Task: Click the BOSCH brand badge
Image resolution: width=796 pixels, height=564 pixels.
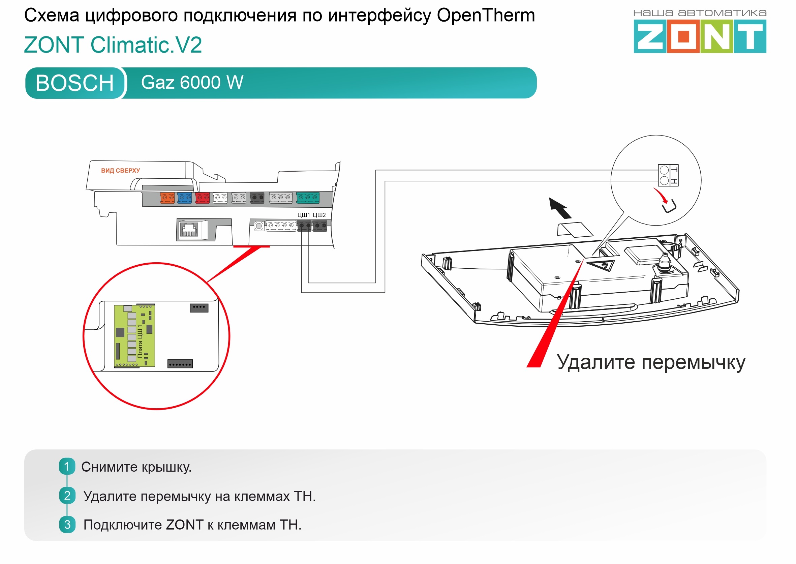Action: pos(74,83)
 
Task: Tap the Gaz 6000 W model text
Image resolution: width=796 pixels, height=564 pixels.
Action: pos(192,83)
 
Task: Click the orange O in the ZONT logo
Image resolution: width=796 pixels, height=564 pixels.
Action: pos(683,36)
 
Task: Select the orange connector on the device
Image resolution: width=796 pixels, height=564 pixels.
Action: pos(167,198)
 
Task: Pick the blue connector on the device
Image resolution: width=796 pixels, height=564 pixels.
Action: pos(184,198)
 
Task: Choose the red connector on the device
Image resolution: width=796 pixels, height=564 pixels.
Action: pos(202,198)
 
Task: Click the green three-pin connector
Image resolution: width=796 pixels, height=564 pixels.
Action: pos(308,198)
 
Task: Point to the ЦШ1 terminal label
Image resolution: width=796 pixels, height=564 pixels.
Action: pos(303,215)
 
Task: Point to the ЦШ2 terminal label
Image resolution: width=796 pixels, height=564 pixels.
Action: pos(319,215)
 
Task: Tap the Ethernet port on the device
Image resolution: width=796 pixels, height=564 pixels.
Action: pos(189,230)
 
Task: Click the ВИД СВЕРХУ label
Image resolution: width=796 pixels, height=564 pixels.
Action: pos(120,171)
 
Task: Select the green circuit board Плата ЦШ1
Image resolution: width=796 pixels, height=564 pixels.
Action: pos(135,336)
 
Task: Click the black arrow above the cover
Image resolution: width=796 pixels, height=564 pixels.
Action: pos(560,208)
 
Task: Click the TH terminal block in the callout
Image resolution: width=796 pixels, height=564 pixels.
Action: pos(668,175)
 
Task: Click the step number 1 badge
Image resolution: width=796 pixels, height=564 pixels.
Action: pos(67,467)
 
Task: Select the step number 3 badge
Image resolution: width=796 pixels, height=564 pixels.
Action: pos(67,525)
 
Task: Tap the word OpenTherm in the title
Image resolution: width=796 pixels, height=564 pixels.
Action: pos(486,16)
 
